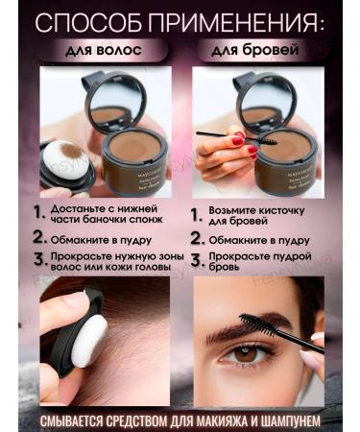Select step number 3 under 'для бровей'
pyautogui.click(x=195, y=258)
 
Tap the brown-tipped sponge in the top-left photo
pyautogui.click(x=68, y=155)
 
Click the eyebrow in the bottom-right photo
pyautogui.click(x=235, y=331)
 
